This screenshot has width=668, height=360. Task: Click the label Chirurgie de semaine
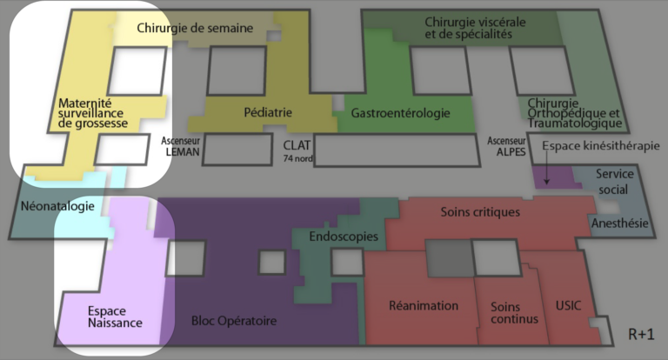[x=195, y=28]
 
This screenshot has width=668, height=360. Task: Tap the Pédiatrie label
[x=268, y=111]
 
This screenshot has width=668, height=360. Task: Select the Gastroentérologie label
[x=400, y=113]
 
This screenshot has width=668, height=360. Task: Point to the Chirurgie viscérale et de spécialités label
[x=468, y=28]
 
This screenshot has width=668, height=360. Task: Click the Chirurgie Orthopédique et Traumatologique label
[x=573, y=113]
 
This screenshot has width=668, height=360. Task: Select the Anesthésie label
[x=619, y=223]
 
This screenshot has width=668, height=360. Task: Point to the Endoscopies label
[x=344, y=236]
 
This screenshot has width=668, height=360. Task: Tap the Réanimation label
[x=424, y=305]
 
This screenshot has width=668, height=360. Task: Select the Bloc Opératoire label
[x=234, y=321]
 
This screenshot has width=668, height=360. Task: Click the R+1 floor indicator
[x=641, y=334]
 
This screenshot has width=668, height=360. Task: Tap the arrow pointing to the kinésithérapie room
[x=546, y=173]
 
